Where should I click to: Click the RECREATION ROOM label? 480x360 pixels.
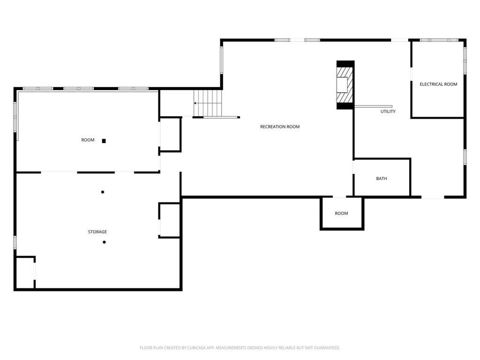(280, 127)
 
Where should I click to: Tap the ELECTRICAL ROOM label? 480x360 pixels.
(438, 84)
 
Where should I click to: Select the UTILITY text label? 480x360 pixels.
(388, 112)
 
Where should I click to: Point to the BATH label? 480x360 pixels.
(382, 179)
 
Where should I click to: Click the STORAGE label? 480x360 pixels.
(97, 232)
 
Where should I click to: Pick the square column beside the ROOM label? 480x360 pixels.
(104, 141)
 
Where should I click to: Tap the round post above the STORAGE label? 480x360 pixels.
(103, 192)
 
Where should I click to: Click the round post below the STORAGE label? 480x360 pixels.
(104, 242)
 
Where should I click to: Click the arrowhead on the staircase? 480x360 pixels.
(195, 103)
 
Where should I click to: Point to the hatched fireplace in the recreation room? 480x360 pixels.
(345, 85)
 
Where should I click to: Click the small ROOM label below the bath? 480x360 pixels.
(341, 213)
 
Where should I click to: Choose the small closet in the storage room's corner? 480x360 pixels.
(25, 272)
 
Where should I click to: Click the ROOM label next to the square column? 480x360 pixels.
(88, 140)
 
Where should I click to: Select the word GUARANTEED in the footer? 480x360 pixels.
(327, 348)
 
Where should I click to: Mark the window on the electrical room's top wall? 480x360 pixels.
(439, 40)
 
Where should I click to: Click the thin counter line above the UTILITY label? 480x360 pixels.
(373, 106)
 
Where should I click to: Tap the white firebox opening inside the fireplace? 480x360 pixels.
(342, 85)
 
